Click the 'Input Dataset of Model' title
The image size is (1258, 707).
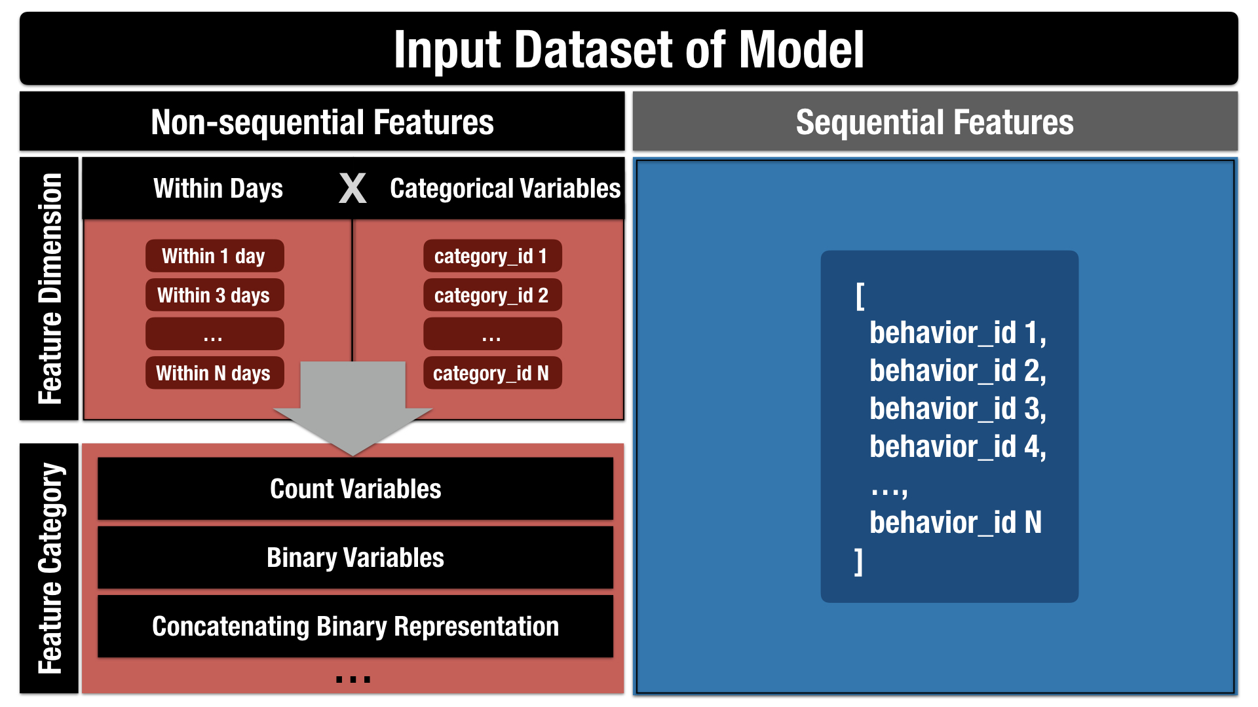629,49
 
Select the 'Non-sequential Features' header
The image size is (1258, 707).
322,122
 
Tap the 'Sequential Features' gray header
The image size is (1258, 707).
935,122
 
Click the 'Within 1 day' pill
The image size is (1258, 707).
214,256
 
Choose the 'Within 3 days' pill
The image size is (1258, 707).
214,295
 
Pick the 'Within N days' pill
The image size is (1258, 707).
214,373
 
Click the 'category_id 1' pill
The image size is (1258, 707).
492,256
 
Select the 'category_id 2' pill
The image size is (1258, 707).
492,295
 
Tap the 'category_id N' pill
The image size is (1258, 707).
492,373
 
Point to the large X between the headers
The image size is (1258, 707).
353,189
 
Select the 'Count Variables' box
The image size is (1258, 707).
355,489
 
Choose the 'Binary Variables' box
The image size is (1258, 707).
355,558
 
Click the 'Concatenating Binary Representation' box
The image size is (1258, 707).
355,626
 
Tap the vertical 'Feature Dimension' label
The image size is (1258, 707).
49,289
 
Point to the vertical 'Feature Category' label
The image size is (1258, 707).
49,568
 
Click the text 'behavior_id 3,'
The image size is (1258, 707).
958,409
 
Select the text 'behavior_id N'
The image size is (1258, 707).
955,522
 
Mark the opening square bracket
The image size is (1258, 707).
860,296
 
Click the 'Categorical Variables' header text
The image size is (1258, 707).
505,189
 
